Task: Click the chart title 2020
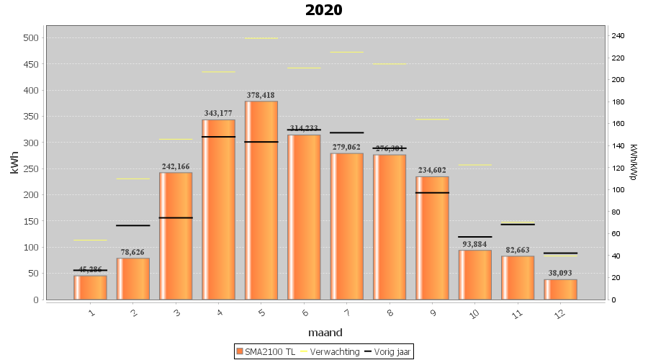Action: click(x=323, y=10)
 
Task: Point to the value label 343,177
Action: click(x=218, y=114)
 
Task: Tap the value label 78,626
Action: click(x=133, y=253)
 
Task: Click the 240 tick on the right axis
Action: click(x=617, y=35)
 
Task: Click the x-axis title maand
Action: click(x=325, y=333)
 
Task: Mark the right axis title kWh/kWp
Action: click(x=634, y=161)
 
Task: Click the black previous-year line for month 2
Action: click(x=133, y=225)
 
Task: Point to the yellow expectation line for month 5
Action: click(x=261, y=38)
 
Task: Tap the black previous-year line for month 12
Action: click(x=560, y=253)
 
